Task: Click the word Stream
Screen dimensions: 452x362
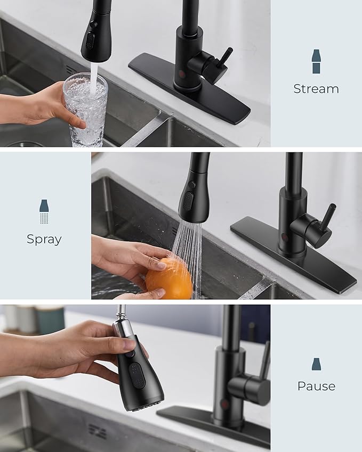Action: [316, 89]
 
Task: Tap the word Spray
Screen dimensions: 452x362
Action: [44, 239]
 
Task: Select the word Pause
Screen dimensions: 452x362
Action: [316, 386]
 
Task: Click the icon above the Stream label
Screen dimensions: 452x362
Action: [316, 61]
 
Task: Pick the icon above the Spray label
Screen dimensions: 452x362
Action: [44, 211]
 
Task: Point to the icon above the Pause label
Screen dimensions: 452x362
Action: [316, 364]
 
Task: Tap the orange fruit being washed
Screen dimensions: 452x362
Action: [170, 277]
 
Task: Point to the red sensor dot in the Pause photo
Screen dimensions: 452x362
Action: [225, 405]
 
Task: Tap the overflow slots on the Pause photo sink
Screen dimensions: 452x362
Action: [97, 431]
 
